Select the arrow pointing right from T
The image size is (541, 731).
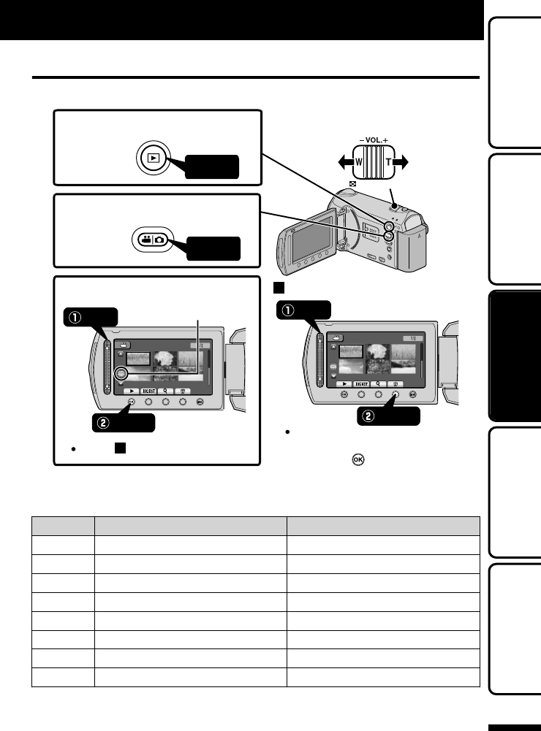pos(404,162)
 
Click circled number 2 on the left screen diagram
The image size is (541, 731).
pos(105,421)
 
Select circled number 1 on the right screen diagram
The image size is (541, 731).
pos(288,309)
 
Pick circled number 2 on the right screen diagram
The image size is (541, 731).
pos(370,416)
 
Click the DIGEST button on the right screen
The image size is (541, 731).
pos(362,383)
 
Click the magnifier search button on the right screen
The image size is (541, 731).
pos(379,383)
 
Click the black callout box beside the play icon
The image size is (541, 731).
pos(211,167)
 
